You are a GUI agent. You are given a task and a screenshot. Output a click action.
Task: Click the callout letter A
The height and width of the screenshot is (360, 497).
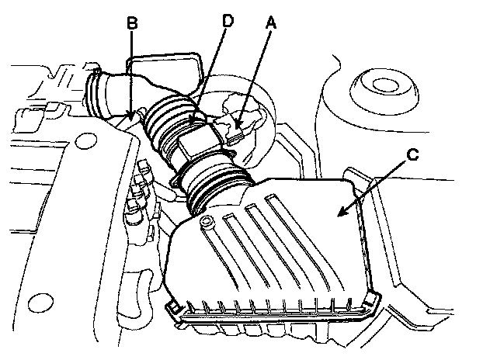point(269,24)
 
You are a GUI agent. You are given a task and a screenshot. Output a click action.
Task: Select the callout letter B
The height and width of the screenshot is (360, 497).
point(132,24)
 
